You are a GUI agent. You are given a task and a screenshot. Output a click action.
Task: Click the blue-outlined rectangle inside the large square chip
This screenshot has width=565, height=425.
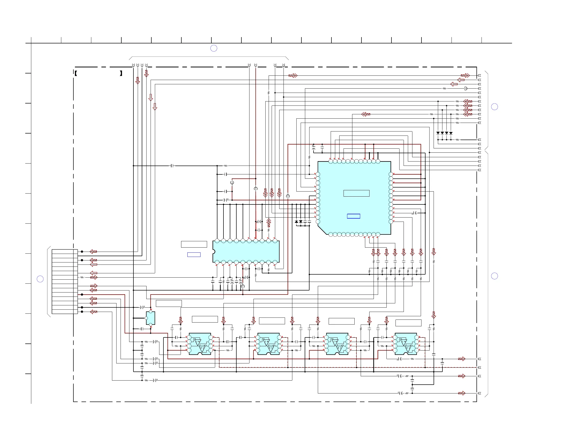click(354, 216)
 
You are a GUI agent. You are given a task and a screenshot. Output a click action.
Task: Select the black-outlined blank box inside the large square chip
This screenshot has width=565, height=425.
click(356, 193)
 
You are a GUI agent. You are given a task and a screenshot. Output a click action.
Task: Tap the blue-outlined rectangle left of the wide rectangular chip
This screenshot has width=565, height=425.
click(194, 255)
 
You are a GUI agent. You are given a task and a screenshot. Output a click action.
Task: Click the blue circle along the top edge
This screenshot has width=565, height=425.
click(214, 48)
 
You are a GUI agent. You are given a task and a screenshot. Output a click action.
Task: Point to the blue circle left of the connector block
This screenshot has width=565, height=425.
click(40, 279)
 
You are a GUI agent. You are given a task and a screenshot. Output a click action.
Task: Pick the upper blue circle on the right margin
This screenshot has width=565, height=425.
click(495, 107)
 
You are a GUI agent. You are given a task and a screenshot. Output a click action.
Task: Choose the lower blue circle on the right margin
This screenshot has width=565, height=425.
click(495, 276)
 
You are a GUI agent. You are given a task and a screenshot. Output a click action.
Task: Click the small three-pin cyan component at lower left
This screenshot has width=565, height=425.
click(150, 318)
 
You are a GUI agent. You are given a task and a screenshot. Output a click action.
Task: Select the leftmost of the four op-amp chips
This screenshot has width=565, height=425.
click(200, 344)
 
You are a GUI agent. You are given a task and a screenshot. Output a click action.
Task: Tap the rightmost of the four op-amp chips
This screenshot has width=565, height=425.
click(406, 344)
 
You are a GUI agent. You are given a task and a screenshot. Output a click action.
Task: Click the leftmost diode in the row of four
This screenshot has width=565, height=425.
click(438, 133)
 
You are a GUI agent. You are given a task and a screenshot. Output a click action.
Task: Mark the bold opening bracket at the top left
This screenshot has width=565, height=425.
click(76, 73)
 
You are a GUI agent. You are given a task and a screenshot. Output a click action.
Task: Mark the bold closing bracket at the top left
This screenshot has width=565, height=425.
click(121, 73)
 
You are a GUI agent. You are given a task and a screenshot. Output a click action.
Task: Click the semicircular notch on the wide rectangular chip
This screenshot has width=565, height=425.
click(214, 252)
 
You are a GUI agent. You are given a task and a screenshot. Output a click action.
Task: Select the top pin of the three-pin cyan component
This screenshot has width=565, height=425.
click(150, 312)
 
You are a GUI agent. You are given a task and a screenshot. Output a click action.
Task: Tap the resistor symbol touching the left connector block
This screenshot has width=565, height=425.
click(82, 277)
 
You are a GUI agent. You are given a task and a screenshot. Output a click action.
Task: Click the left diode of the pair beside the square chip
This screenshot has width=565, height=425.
click(296, 222)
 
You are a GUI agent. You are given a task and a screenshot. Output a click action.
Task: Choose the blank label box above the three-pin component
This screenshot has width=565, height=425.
click(168, 303)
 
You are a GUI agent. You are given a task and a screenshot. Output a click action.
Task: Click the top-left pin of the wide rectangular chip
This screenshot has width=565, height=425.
click(217, 241)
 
